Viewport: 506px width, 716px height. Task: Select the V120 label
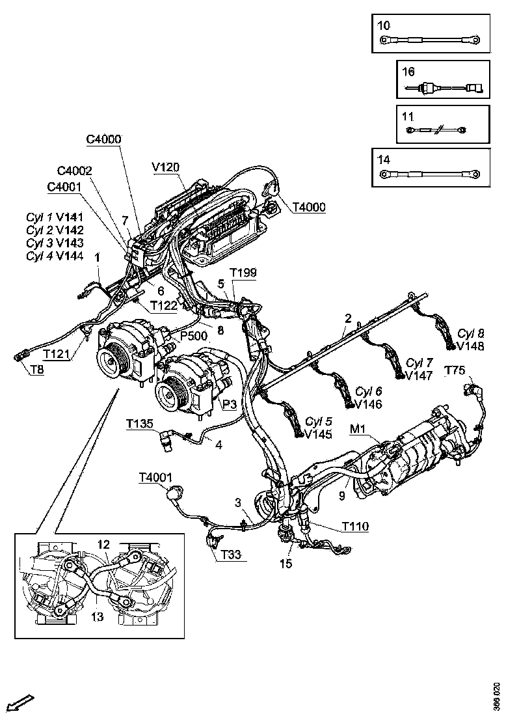[165, 167]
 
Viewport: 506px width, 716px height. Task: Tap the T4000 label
[309, 207]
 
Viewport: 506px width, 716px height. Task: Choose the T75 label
[455, 370]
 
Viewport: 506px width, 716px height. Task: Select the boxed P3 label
[230, 405]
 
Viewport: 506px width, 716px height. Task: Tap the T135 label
[140, 424]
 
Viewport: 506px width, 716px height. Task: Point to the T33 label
[230, 555]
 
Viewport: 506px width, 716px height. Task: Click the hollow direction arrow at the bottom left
[21, 702]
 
